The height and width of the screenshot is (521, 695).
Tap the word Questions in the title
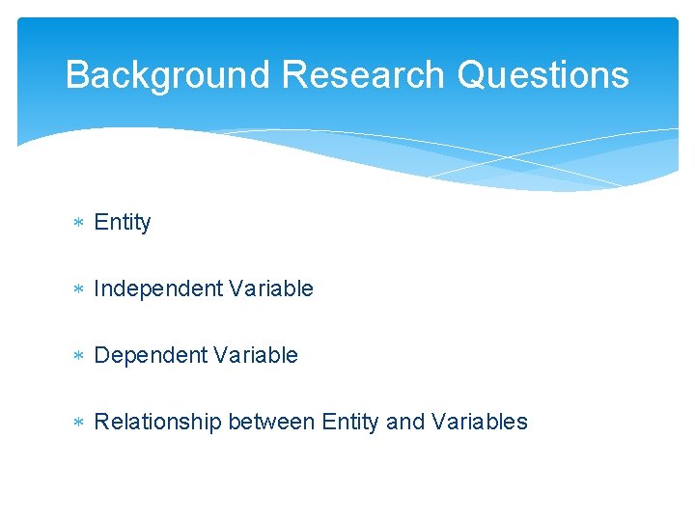tap(543, 75)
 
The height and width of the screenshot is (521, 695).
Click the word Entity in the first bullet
tap(123, 223)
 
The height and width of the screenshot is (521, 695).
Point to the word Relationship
tap(157, 422)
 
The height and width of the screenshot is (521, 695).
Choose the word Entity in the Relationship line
tap(350, 422)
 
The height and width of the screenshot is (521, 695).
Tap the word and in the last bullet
tap(405, 422)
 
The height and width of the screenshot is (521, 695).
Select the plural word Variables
tap(480, 422)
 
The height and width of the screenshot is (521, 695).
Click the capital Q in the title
tap(471, 75)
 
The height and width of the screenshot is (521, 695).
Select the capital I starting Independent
tap(97, 288)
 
